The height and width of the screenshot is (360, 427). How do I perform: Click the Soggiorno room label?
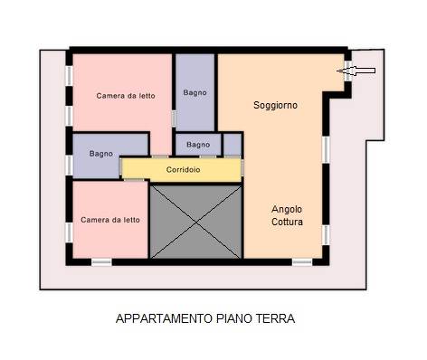pos(275,106)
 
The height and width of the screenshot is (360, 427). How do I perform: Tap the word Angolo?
pos(287,209)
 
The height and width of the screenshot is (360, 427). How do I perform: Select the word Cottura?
pos(287,222)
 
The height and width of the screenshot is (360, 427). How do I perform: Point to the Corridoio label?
pos(183,169)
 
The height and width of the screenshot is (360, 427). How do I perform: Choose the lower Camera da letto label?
pos(109,219)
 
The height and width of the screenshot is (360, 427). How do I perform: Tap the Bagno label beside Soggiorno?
pos(195,92)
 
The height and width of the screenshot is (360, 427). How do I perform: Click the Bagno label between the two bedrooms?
pos(101,154)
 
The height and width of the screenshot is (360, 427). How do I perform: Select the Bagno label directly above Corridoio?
pos(197,145)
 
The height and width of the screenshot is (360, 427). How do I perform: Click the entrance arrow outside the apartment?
pos(362,70)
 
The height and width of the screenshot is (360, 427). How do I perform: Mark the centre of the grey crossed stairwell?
pos(197,220)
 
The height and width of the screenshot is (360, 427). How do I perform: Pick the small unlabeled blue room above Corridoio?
pos(232,145)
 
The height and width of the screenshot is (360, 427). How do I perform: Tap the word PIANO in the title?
pos(235,318)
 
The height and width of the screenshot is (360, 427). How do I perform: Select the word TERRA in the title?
pos(277,318)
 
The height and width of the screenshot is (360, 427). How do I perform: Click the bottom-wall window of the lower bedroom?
pos(101,262)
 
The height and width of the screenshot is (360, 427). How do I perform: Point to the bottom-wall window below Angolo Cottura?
pos(301,262)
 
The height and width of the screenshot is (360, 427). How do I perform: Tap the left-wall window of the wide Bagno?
pos(70,165)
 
